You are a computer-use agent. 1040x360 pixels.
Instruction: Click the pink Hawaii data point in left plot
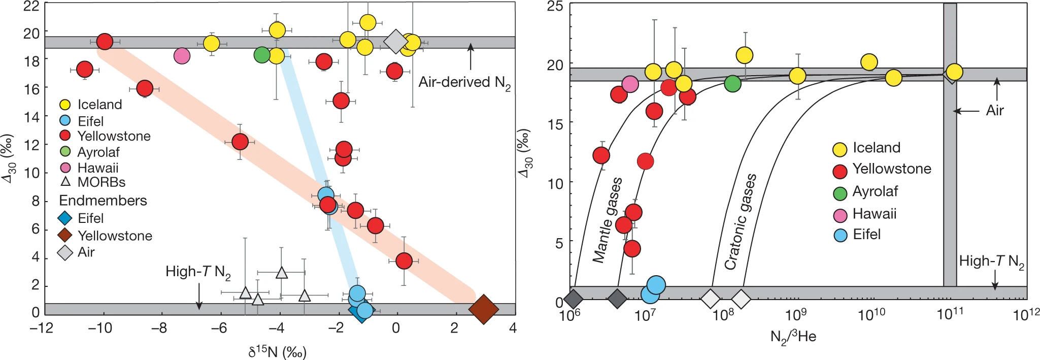tap(182, 55)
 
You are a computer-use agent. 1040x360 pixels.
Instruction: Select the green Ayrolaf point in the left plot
tap(261, 54)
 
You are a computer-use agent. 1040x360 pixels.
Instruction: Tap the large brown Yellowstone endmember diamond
tap(484, 308)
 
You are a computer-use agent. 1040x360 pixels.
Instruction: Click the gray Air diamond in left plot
tap(395, 42)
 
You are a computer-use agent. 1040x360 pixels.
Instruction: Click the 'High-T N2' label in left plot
tap(198, 272)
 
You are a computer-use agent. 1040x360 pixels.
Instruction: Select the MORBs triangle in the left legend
tap(66, 182)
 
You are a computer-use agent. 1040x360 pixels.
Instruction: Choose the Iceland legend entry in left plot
tap(99, 105)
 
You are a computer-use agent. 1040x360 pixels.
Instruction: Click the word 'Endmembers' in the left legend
tap(103, 201)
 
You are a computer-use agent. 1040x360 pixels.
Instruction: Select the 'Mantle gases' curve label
tap(607, 220)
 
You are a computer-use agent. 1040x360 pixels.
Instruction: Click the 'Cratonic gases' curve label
tap(740, 222)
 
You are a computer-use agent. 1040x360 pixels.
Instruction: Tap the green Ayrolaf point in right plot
tap(732, 83)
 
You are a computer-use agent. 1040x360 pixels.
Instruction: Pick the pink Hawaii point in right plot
tap(630, 84)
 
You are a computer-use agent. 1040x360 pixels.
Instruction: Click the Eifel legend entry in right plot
tap(866, 235)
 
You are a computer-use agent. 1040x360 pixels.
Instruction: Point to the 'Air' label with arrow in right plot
tap(993, 110)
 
